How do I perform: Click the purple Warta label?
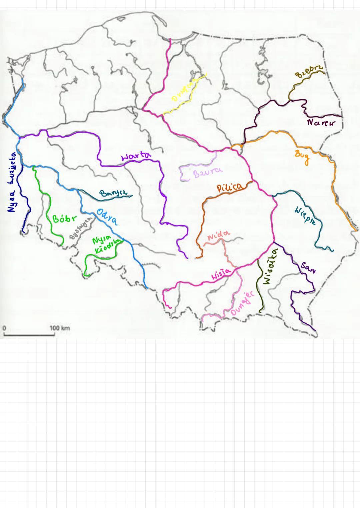[136, 156]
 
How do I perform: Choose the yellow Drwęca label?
[183, 91]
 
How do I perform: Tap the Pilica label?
[230, 187]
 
